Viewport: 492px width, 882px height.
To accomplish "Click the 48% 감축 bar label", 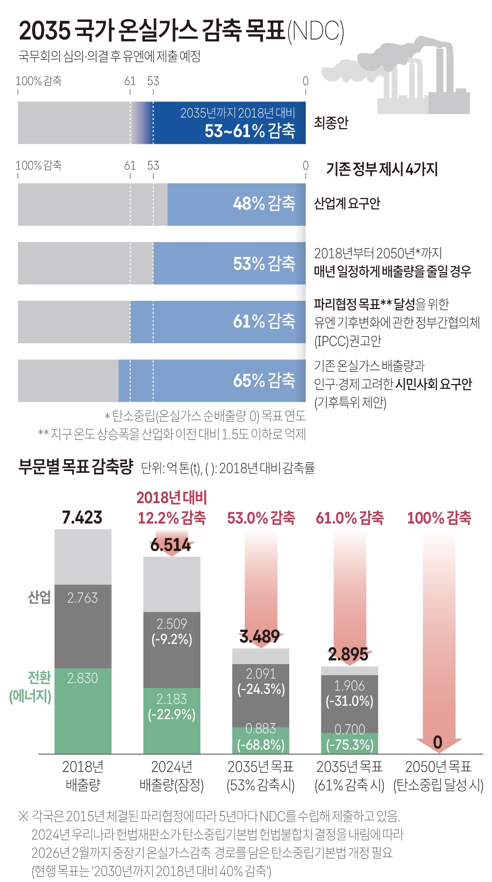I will click(264, 203).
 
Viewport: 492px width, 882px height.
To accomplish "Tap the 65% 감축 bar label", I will click(264, 380).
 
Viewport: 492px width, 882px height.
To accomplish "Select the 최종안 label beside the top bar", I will click(331, 122).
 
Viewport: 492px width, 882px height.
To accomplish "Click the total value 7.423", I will click(82, 517).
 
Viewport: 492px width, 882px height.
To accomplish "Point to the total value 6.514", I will click(171, 545).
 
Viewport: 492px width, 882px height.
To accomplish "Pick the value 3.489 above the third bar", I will click(259, 636).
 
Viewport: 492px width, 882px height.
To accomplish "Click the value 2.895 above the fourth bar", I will click(348, 654).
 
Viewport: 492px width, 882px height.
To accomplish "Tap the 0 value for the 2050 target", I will click(437, 742).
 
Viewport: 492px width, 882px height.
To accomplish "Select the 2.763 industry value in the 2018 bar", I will click(82, 598).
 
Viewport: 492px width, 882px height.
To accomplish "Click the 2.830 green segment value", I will click(82, 678).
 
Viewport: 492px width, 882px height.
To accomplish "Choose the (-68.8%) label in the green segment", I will click(260, 745).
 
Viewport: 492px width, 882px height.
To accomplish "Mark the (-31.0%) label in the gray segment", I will click(349, 701).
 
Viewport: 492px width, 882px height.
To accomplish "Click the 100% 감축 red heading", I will click(439, 518).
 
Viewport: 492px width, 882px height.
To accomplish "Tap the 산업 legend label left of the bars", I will click(39, 597).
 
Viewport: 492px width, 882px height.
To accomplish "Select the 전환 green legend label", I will click(39, 677).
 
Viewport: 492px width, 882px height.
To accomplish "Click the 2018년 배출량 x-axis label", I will click(82, 776).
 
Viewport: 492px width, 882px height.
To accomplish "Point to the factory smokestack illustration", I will click(419, 78).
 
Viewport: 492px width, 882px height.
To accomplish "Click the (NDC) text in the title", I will click(315, 31).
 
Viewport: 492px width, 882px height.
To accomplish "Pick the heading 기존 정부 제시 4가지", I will click(382, 169).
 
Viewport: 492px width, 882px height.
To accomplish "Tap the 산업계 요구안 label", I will click(347, 203).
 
